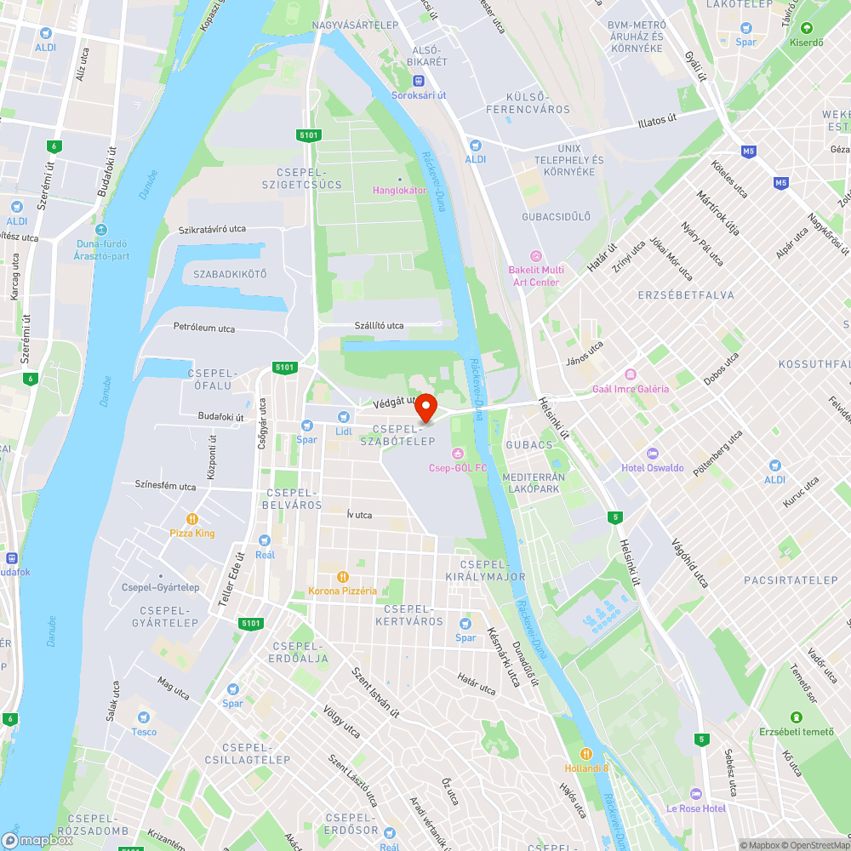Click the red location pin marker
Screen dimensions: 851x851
pyautogui.click(x=425, y=407)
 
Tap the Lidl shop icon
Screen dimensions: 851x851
pyautogui.click(x=343, y=417)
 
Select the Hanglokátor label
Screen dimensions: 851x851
pyautogui.click(x=400, y=190)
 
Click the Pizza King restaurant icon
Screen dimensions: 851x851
pyautogui.click(x=192, y=518)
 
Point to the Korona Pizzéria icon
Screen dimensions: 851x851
pyautogui.click(x=343, y=576)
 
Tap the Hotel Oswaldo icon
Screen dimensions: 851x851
pyautogui.click(x=652, y=454)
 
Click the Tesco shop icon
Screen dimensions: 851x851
pyautogui.click(x=144, y=717)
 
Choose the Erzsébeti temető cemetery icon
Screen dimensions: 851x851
pyautogui.click(x=796, y=717)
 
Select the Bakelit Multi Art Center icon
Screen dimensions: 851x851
pyautogui.click(x=535, y=255)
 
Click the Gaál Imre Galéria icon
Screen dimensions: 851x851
pyautogui.click(x=631, y=374)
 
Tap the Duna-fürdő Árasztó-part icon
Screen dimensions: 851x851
pyautogui.click(x=101, y=230)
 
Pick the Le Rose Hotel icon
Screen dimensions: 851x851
pyautogui.click(x=695, y=793)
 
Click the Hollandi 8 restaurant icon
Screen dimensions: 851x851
pyautogui.click(x=586, y=754)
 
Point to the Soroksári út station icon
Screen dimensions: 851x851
pyautogui.click(x=419, y=81)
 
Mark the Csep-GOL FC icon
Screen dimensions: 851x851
pyautogui.click(x=458, y=453)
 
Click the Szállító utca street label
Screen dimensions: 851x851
pyautogui.click(x=379, y=326)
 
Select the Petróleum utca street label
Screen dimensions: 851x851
pyautogui.click(x=204, y=327)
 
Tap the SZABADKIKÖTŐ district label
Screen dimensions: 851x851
pyautogui.click(x=230, y=274)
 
